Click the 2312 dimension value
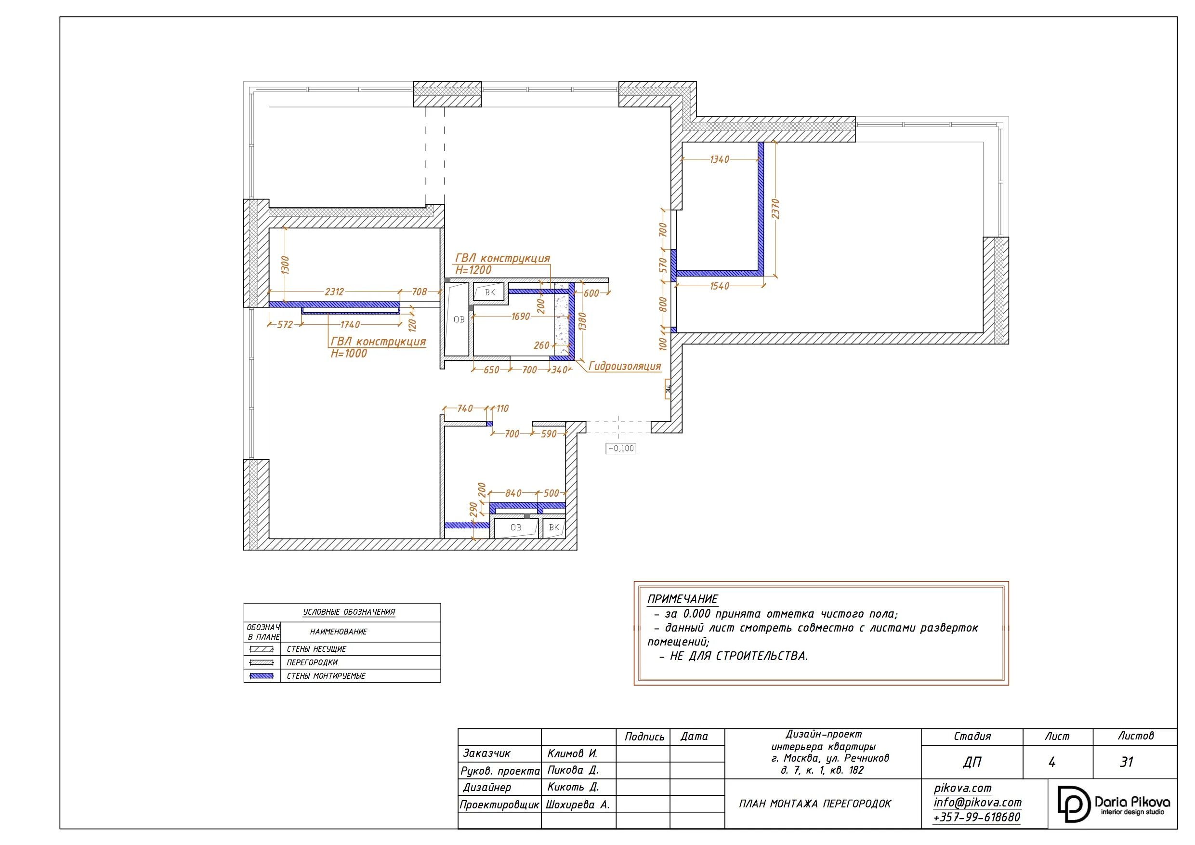click(x=334, y=291)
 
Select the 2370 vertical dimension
click(x=775, y=209)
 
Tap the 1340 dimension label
click(x=720, y=159)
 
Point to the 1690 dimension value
click(x=521, y=317)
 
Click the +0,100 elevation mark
click(x=621, y=448)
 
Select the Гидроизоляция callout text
click(x=625, y=366)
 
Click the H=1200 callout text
click(x=473, y=270)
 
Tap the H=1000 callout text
click(x=349, y=354)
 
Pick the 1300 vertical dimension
click(x=285, y=265)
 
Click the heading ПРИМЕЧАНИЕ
click(x=683, y=599)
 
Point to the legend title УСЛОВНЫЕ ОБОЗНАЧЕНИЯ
click(x=349, y=612)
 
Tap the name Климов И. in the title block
click(x=572, y=753)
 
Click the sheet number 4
click(x=1052, y=762)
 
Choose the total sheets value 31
click(x=1127, y=762)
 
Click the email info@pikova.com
click(x=977, y=802)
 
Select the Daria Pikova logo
click(x=1114, y=805)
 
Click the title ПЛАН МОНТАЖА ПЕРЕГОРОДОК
click(x=815, y=804)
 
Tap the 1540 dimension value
click(x=720, y=286)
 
